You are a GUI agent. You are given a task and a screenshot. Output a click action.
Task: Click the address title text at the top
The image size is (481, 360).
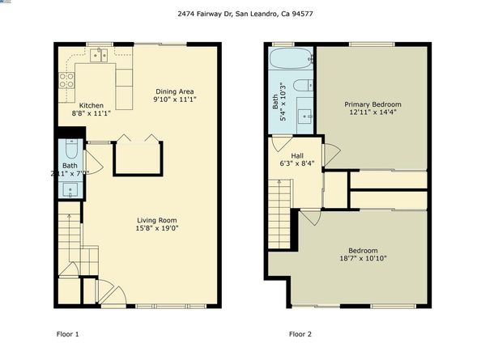[x=240, y=13]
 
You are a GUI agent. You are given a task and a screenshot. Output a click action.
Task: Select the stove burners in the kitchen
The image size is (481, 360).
[x=66, y=79]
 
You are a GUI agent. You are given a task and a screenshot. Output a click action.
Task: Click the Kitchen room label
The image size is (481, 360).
[x=92, y=106]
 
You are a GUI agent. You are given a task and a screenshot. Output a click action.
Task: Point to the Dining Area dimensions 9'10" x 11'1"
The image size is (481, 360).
[x=176, y=99]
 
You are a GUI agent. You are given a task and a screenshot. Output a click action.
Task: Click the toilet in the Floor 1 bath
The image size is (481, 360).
[x=70, y=150]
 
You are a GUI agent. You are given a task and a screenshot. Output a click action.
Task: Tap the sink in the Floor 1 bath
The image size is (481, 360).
[x=70, y=191]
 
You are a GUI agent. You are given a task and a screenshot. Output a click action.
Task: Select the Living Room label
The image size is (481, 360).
[x=156, y=220]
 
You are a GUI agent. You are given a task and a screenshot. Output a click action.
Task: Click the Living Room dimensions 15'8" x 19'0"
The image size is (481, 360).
[x=156, y=229]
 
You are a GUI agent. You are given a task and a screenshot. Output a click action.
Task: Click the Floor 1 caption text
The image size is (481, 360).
[x=67, y=333]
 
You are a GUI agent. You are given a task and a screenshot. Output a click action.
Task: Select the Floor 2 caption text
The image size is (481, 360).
[x=301, y=333]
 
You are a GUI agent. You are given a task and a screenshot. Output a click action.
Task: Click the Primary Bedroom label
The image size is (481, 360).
[x=372, y=104]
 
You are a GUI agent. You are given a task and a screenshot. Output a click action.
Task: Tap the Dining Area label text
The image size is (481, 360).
[x=176, y=91]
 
